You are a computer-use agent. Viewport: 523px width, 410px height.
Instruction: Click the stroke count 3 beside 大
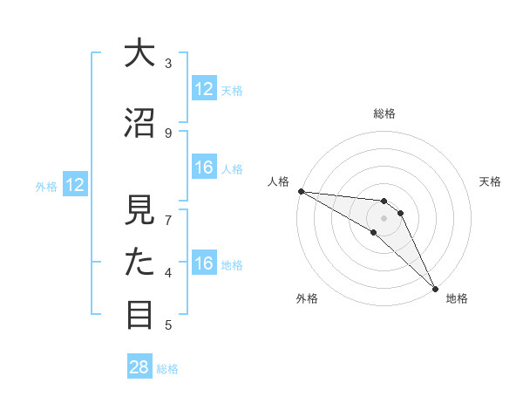point(168,63)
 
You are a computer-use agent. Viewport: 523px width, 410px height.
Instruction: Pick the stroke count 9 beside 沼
point(168,133)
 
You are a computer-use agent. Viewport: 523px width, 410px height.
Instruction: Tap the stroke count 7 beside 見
point(168,220)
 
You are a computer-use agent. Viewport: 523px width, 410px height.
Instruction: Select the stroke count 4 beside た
point(168,272)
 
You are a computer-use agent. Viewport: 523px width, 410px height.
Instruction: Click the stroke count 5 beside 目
point(168,325)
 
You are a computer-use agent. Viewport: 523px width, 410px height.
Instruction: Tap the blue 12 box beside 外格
point(74,185)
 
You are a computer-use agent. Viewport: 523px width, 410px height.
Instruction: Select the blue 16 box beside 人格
point(204,167)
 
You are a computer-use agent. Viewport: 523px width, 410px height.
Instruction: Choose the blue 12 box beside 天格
point(204,89)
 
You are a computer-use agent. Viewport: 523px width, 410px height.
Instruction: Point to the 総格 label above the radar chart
point(384,113)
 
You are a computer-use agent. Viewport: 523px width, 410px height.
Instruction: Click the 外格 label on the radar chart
point(307,298)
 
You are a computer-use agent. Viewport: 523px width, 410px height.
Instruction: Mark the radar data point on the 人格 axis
point(301,191)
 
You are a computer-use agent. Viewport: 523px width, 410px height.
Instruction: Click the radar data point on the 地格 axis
point(435,289)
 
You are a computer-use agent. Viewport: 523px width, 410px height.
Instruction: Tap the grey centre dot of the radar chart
point(384,217)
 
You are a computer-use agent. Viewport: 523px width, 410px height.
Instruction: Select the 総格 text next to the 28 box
point(167,368)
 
